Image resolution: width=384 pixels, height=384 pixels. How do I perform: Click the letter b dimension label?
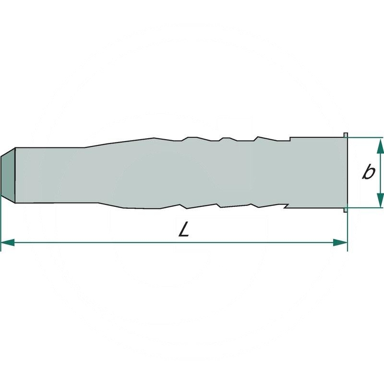[x=368, y=172]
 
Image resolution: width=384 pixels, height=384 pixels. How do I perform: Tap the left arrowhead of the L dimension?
[x=8, y=243]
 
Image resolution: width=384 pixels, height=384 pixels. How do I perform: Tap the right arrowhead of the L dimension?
[x=341, y=243]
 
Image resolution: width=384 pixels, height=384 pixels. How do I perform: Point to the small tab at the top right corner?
[x=346, y=134]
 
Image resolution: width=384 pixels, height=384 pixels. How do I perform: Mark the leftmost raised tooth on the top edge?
[x=190, y=138]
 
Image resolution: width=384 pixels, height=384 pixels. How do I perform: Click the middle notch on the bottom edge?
[x=219, y=206]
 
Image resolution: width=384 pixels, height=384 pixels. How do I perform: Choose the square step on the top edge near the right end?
[x=291, y=139]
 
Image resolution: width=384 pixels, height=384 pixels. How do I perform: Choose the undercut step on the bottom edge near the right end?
[x=286, y=206]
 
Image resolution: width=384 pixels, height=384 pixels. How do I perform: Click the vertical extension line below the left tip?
[x=1, y=221]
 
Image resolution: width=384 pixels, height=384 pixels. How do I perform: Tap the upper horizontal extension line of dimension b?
[x=365, y=137]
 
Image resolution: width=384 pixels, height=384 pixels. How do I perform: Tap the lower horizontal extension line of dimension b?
[x=365, y=208]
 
